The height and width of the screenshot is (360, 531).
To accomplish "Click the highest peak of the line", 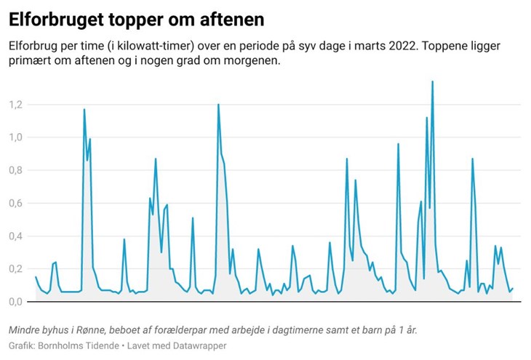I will pos(432,81).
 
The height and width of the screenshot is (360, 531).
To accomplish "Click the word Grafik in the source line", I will pos(23,345).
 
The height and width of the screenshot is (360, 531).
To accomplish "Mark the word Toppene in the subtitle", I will pos(450,46).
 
